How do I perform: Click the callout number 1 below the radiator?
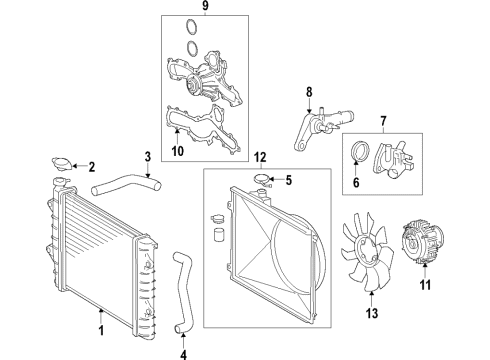102,325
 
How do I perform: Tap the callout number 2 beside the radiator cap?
91,166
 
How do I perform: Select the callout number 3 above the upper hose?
147,156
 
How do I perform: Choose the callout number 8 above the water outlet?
309,93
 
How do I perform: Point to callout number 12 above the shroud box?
260,157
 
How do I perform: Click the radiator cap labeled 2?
61,164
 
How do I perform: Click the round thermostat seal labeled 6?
357,152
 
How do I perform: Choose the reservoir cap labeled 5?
265,181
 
